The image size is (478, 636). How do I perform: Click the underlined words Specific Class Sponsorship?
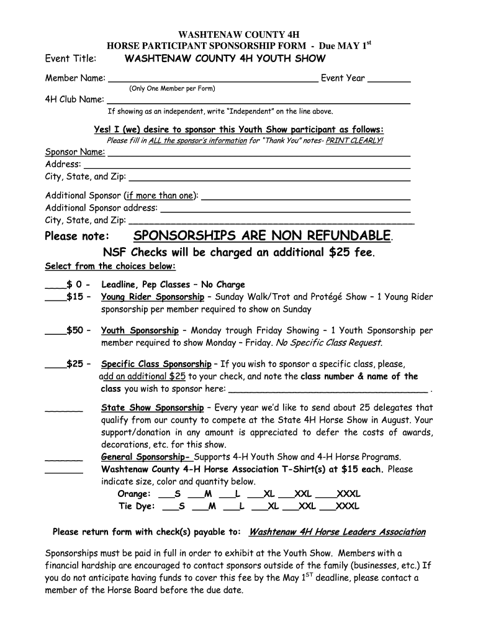[156, 364]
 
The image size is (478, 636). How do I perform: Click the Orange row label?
[133, 494]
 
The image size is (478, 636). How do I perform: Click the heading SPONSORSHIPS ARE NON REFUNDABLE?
[263, 235]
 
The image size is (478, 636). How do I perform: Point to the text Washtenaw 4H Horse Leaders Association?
[336, 532]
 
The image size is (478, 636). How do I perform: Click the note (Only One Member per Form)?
[172, 89]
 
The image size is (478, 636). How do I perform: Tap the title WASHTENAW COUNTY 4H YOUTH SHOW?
[225, 58]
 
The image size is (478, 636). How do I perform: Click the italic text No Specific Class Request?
[328, 342]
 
